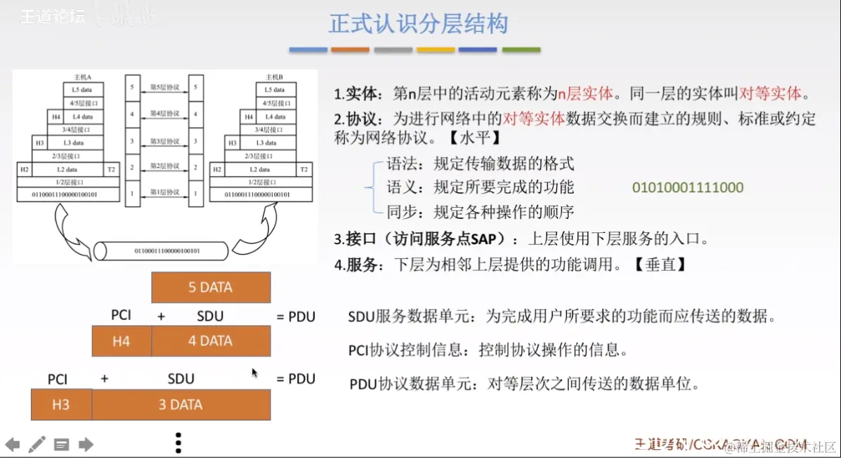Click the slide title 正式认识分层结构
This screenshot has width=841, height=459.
point(418,24)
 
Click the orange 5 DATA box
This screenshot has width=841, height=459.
point(211,287)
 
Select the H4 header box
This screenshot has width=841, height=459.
point(122,341)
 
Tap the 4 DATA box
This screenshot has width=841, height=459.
point(211,341)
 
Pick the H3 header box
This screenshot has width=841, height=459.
point(61,405)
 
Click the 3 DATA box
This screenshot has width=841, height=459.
point(181,405)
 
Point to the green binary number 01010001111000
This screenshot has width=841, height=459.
point(687,187)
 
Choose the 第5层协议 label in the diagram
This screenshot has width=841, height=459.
point(163,88)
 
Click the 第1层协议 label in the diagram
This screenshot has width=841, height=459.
point(163,192)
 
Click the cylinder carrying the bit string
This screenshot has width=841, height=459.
point(162,251)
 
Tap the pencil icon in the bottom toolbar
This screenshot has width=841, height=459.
point(37,444)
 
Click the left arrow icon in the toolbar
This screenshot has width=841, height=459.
point(12,444)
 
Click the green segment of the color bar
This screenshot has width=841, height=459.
point(521,50)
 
